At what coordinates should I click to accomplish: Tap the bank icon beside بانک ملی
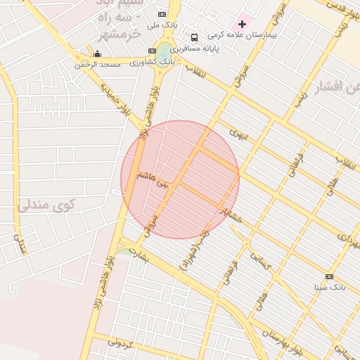(162, 14)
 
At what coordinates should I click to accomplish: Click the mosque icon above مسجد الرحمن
(97, 53)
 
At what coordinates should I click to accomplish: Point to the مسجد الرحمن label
(98, 64)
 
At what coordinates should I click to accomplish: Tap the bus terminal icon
(193, 37)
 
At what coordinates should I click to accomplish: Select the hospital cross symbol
(243, 24)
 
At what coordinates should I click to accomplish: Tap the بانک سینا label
(329, 288)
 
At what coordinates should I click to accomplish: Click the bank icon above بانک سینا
(329, 276)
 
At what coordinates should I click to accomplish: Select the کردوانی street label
(120, 345)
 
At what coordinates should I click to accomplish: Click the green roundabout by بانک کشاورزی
(164, 50)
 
